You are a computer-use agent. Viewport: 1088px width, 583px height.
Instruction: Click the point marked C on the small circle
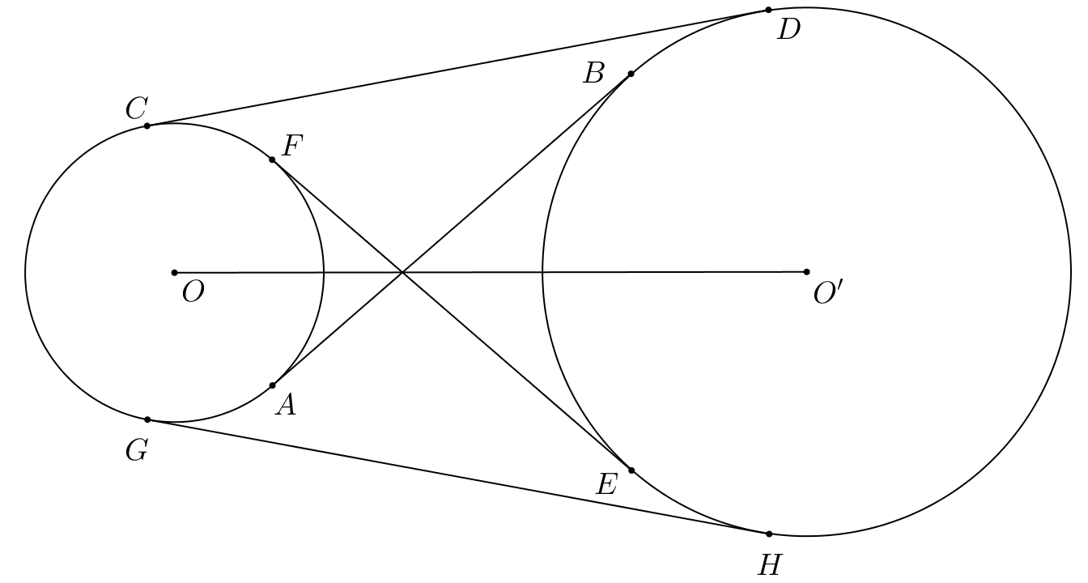147,126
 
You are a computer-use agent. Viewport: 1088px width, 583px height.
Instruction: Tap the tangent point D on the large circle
768,10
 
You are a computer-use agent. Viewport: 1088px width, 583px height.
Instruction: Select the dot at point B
631,74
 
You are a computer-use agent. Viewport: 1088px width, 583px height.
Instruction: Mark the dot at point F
272,160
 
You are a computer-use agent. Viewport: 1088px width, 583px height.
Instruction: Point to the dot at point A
273,385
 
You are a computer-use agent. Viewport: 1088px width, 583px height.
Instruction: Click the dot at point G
147,419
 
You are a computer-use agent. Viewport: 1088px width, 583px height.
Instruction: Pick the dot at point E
631,470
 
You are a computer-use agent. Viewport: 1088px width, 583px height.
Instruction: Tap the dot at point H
769,534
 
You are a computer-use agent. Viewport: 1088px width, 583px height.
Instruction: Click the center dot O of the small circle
175,273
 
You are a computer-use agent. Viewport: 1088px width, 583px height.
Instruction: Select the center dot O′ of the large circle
807,272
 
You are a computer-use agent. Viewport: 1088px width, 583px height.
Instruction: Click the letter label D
788,30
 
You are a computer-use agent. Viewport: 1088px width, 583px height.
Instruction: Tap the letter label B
593,74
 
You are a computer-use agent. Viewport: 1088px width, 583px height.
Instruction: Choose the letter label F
292,146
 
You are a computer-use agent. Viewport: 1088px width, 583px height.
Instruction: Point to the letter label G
137,451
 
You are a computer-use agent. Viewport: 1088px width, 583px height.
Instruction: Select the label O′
829,293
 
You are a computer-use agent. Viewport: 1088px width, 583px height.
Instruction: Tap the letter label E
607,485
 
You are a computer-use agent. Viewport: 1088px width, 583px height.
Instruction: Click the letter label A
286,405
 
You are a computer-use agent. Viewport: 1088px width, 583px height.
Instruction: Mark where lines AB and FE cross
402,273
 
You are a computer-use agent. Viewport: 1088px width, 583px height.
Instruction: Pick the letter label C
137,109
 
